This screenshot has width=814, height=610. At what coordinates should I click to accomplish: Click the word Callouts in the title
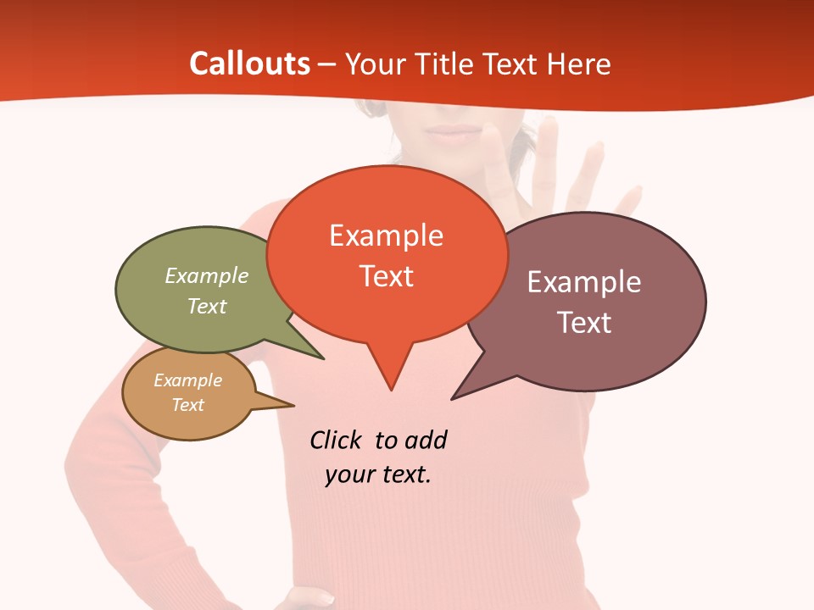click(249, 64)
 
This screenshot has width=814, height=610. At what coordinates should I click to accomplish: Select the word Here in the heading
click(579, 64)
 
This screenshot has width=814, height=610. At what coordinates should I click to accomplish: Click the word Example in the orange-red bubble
click(386, 236)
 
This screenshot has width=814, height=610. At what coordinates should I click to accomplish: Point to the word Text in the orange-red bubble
click(387, 276)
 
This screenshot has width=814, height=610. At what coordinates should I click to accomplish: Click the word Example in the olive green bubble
click(207, 276)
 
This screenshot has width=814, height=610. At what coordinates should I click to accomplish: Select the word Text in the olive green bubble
click(207, 307)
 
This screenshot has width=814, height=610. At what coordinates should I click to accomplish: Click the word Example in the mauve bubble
click(584, 282)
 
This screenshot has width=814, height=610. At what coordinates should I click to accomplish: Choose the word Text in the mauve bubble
click(584, 323)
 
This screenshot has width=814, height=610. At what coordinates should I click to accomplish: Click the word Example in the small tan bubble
click(187, 380)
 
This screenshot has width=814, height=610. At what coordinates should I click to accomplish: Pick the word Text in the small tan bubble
click(187, 405)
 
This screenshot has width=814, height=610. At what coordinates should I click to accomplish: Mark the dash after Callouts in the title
click(327, 64)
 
